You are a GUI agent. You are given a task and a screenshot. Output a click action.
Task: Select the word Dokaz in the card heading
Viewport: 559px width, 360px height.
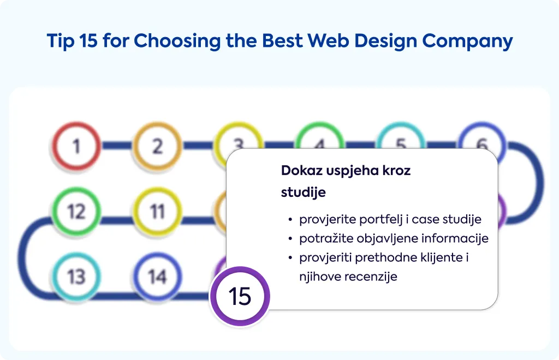click(x=301, y=171)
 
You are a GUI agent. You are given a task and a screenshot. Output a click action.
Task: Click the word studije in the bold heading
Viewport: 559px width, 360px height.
click(x=304, y=193)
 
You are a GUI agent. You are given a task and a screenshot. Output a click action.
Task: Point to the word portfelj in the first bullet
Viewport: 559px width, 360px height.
click(x=381, y=220)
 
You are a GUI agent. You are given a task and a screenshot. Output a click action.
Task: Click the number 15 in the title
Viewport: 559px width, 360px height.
click(x=88, y=40)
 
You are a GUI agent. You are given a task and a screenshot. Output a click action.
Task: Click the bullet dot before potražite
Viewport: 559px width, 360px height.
click(x=290, y=239)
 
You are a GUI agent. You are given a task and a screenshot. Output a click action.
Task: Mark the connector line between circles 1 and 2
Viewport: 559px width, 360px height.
click(x=117, y=145)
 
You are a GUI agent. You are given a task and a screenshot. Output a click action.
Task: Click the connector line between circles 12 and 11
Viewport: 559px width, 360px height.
click(x=117, y=220)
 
